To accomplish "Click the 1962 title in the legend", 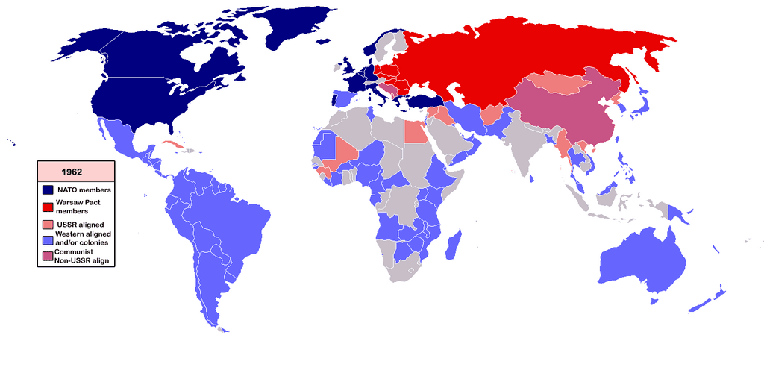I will coord(77,172).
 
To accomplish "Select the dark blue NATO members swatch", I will coord(47,190).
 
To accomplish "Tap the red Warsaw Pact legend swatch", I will coord(47,207).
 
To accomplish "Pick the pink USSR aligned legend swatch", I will coord(47,225).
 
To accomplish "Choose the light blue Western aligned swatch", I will coord(47,239).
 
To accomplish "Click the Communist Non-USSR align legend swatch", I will coord(47,257).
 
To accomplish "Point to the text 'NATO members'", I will coord(84,190).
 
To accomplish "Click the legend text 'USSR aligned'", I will coord(81,225).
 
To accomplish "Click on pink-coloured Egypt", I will coord(415,132).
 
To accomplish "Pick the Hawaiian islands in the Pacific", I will coord(10,142).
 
